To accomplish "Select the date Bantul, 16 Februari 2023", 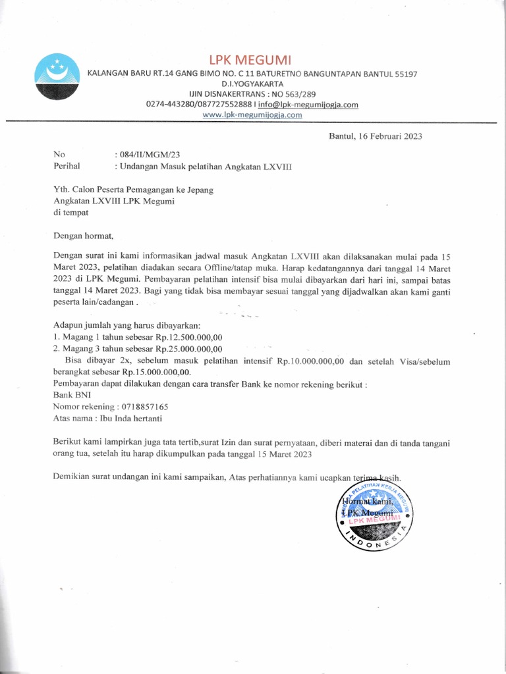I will pyautogui.click(x=376, y=137).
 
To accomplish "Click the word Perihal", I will pyautogui.click(x=67, y=167).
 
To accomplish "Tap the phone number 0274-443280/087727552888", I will pyautogui.click(x=199, y=104).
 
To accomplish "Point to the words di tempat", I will pyautogui.click(x=70, y=213).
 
